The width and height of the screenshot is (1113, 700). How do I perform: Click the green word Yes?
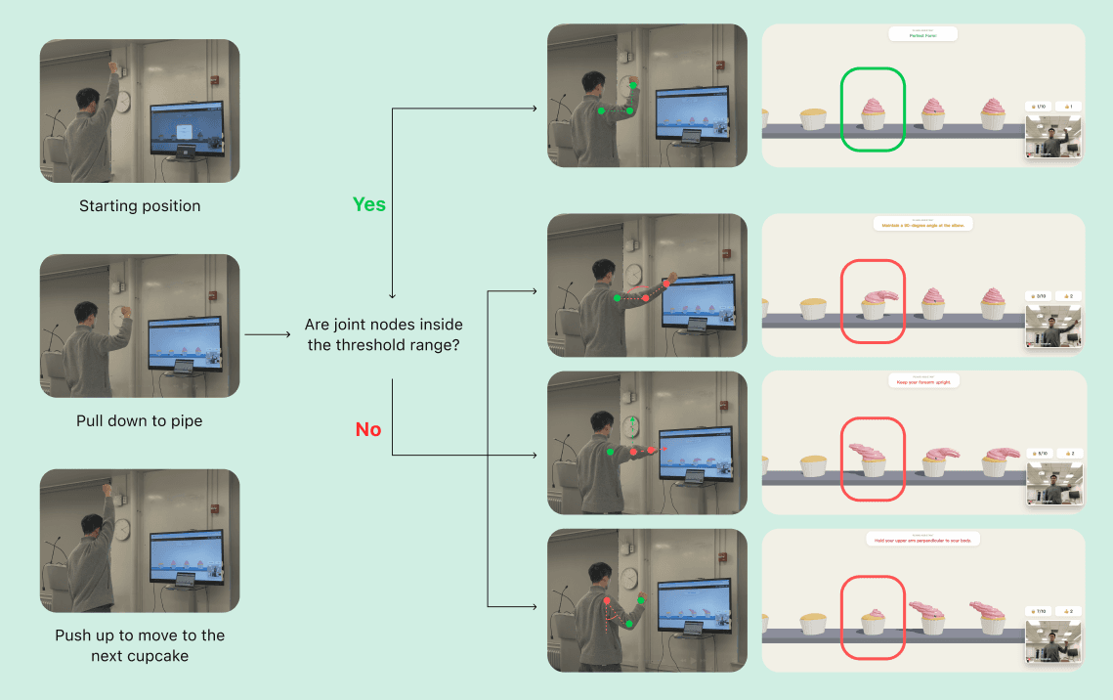pos(369,204)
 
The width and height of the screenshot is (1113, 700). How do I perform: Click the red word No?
pos(368,429)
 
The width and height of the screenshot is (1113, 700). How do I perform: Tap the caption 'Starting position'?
pos(140,206)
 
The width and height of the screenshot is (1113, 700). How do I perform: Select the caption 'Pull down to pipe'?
pos(139,421)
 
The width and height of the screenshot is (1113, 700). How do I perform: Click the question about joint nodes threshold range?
pos(384,334)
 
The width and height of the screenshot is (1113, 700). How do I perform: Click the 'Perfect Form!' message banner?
pos(922,35)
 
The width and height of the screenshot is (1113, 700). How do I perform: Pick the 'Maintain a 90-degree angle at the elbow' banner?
pos(922,224)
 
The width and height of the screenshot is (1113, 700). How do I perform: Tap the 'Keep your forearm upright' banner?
pos(922,382)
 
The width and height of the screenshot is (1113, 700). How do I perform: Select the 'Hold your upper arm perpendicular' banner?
pos(922,540)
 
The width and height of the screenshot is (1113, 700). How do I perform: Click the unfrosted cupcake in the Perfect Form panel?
pos(813,118)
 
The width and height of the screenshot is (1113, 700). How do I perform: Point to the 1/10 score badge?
pos(1036,106)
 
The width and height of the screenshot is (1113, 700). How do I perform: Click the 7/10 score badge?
pos(1036,611)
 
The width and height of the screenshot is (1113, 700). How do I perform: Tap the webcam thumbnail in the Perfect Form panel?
pos(1054,138)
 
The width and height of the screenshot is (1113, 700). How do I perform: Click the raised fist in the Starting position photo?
pos(114,67)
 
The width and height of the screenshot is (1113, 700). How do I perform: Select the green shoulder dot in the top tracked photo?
pos(601,111)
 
